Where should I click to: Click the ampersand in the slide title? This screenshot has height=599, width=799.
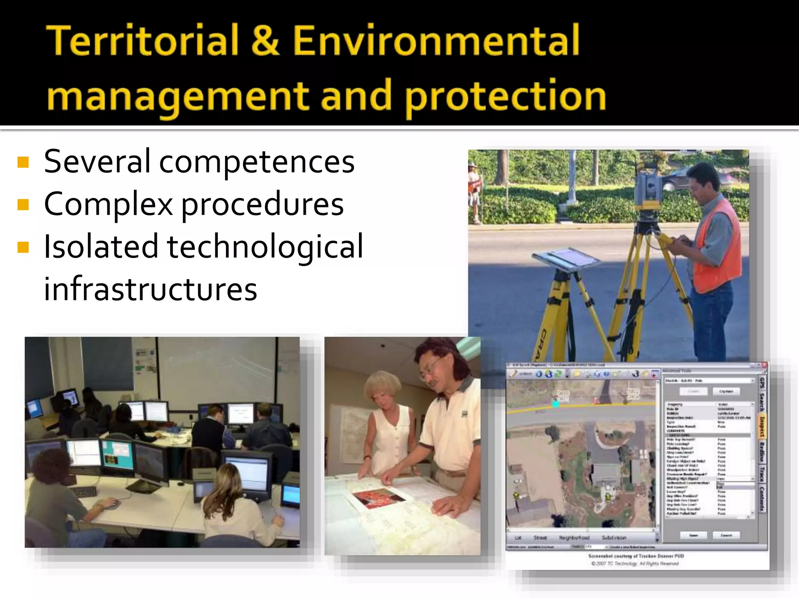265,40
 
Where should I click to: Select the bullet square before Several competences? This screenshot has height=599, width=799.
23,162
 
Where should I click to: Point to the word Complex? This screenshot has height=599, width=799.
108,204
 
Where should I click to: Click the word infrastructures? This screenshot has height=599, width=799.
150,289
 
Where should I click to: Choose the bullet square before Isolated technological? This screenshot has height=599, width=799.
23,247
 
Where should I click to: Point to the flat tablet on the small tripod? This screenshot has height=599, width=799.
566,257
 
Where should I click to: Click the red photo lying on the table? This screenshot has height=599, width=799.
378,498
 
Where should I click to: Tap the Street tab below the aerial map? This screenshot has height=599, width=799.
540,538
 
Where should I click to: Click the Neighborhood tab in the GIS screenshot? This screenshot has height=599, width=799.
574,538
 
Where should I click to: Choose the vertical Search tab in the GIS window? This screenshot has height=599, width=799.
762,402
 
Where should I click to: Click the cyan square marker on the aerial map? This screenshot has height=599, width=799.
556,404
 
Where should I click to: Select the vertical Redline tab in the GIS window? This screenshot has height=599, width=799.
762,452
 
